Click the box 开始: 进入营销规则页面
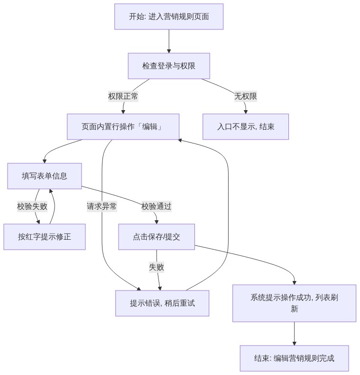[169, 17]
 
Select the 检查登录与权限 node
[169, 66]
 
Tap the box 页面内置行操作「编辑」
[123, 127]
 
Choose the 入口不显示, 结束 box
[246, 127]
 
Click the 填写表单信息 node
[45, 176]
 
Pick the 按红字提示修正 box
[45, 237]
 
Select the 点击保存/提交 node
[157, 237]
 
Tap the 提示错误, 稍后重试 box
[162, 303]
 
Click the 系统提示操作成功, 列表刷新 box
[294, 303]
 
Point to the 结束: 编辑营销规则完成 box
[294, 358]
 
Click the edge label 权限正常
[123, 96]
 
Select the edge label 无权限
[246, 96]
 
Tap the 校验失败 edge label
[32, 206]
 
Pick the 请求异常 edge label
[102, 206]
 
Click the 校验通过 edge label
[157, 206]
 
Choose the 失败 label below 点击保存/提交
[157, 267]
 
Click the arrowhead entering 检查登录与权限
[169, 51]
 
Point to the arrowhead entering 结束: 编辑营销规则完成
[294, 343]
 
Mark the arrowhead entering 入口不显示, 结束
[246, 112]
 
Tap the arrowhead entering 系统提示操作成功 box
[294, 283]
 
